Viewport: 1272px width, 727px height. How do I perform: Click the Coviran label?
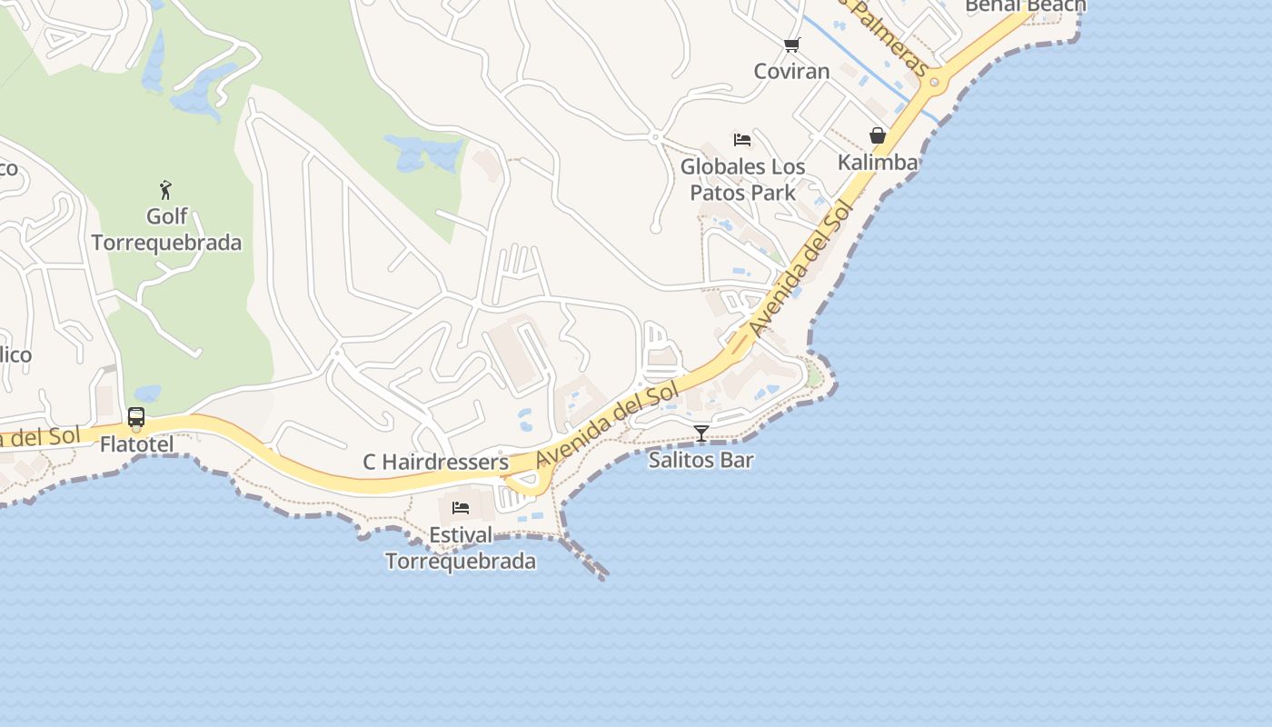pyautogui.click(x=791, y=71)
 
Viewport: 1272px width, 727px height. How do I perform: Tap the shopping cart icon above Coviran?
pyautogui.click(x=791, y=45)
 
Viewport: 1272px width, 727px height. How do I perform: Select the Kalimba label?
pyautogui.click(x=878, y=163)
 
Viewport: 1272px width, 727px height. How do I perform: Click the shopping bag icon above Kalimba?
pyautogui.click(x=878, y=135)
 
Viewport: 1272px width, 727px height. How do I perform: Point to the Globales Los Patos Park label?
pyautogui.click(x=742, y=180)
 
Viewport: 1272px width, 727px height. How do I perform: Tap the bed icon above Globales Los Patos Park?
pyautogui.click(x=742, y=140)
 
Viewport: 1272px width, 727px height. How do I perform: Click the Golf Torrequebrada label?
pyautogui.click(x=166, y=230)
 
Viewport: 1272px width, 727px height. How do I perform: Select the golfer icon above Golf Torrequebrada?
pyautogui.click(x=165, y=190)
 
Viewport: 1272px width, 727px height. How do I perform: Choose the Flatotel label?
pyautogui.click(x=136, y=444)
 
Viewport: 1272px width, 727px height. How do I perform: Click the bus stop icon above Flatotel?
pyautogui.click(x=136, y=417)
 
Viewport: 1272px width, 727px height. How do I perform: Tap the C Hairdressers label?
pyautogui.click(x=436, y=462)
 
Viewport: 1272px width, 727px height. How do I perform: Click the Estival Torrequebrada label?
pyautogui.click(x=461, y=548)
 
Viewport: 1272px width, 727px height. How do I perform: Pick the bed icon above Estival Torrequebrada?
pyautogui.click(x=461, y=507)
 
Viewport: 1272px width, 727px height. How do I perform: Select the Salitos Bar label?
pyautogui.click(x=701, y=460)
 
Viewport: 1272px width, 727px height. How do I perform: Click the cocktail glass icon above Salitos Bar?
pyautogui.click(x=701, y=433)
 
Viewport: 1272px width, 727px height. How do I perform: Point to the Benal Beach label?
pyautogui.click(x=1025, y=6)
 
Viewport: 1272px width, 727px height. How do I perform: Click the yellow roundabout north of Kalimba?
pyautogui.click(x=933, y=84)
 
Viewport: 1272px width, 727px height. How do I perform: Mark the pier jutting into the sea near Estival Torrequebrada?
pyautogui.click(x=586, y=558)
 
